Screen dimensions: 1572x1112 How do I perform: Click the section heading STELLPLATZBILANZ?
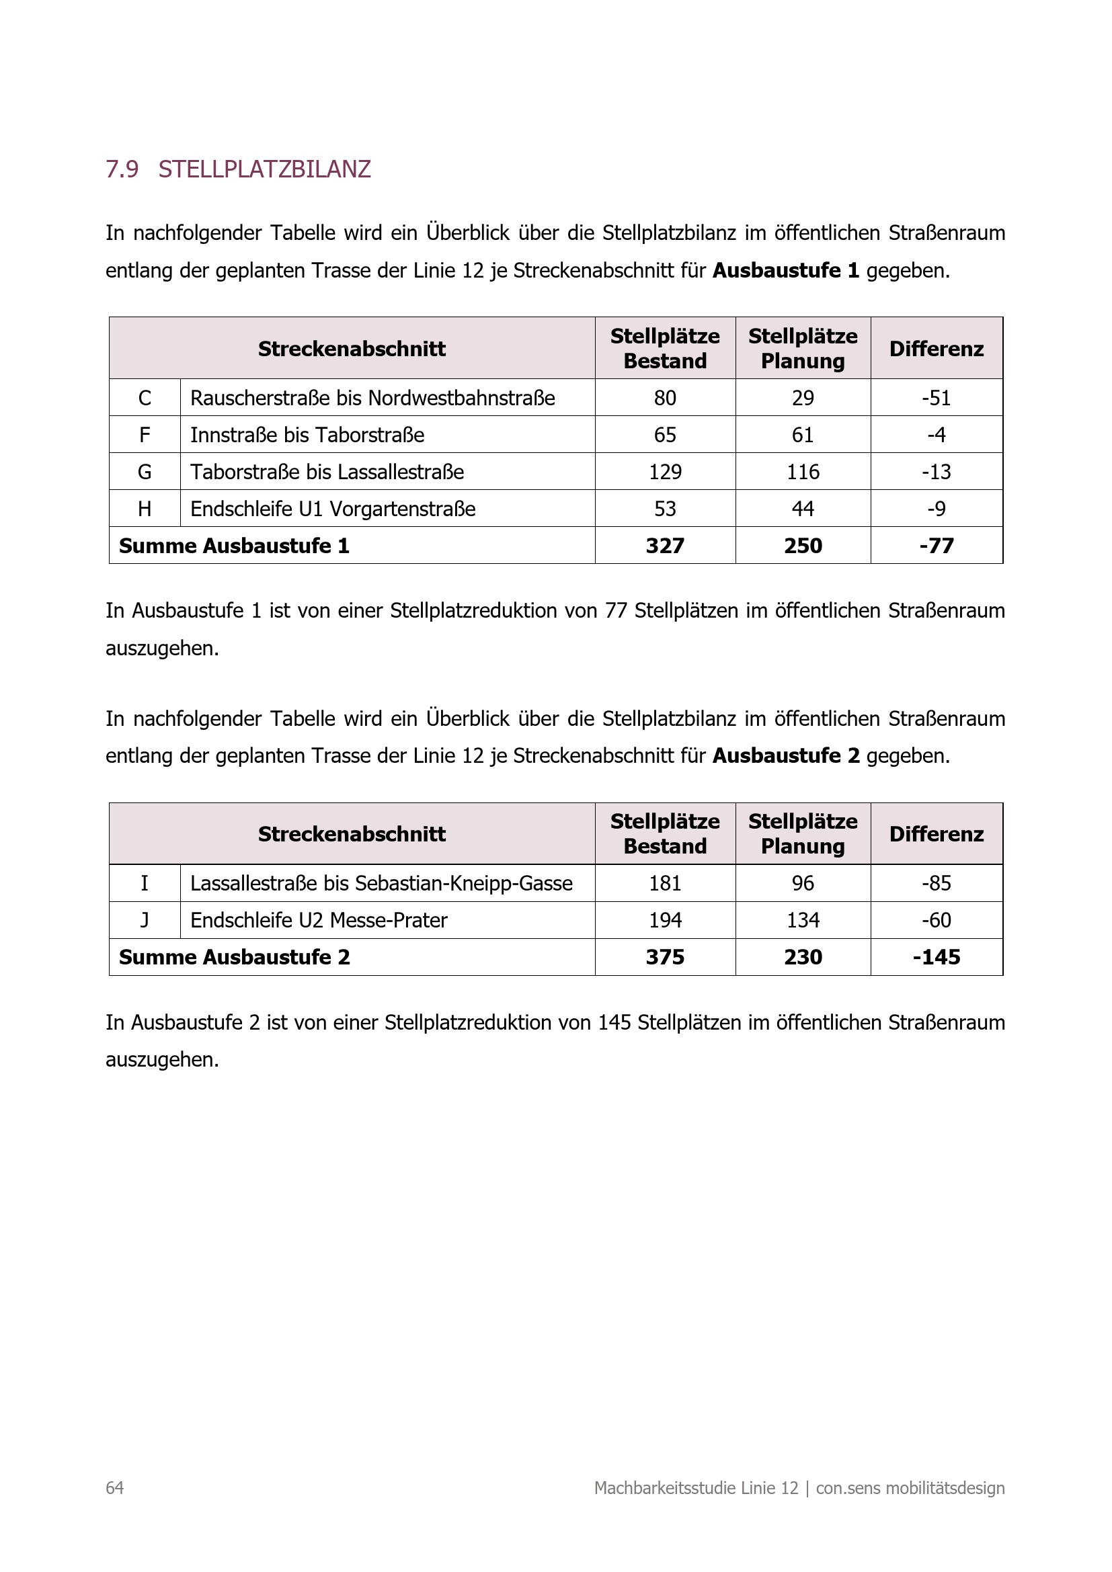click(264, 169)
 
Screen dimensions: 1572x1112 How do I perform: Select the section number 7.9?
click(122, 169)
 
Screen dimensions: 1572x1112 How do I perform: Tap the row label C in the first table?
click(145, 398)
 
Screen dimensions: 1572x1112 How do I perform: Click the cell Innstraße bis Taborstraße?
click(307, 435)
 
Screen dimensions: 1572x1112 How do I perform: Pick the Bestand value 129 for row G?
click(664, 472)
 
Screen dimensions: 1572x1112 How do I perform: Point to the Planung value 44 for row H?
click(803, 509)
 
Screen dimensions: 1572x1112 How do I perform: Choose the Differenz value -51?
click(936, 398)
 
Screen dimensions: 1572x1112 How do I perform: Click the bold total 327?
click(664, 546)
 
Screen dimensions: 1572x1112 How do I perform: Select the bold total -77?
click(936, 546)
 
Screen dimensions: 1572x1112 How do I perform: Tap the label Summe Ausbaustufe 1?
click(234, 546)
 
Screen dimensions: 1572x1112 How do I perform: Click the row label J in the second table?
click(145, 919)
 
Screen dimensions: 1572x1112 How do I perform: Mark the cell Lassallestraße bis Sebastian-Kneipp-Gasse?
click(381, 883)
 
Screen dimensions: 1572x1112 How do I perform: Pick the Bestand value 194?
click(664, 919)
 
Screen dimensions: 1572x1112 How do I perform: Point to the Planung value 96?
click(803, 883)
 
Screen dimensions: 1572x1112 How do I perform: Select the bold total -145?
click(936, 956)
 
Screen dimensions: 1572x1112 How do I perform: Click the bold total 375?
click(664, 956)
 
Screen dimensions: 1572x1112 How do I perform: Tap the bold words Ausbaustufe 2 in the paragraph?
click(785, 756)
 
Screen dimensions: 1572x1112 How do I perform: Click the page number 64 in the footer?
click(114, 1488)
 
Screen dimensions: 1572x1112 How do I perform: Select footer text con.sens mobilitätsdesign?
click(910, 1488)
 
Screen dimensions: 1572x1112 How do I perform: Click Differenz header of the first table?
click(936, 349)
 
